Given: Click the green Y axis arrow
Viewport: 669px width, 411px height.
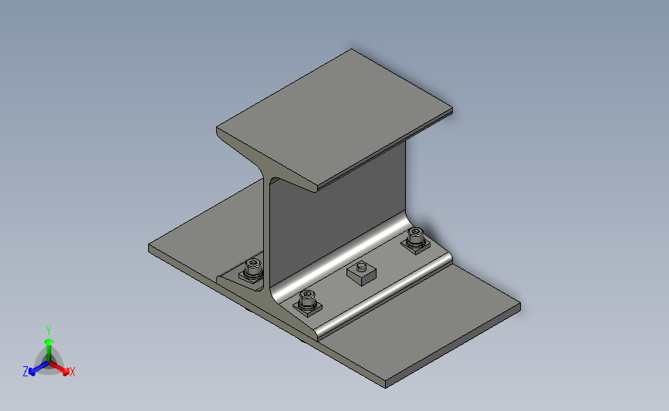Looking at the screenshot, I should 48,340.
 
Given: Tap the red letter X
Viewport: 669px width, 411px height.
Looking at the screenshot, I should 73,372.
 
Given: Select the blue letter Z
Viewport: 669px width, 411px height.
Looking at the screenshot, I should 25,372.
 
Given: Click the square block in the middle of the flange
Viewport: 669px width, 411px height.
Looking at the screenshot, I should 360,271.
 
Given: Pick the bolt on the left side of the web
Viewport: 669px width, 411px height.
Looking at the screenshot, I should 253,270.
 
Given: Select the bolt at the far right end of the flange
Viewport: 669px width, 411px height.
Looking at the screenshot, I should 417,239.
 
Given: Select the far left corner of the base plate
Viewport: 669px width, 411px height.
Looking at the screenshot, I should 150,247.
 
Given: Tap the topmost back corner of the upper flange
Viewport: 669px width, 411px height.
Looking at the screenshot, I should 353,50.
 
